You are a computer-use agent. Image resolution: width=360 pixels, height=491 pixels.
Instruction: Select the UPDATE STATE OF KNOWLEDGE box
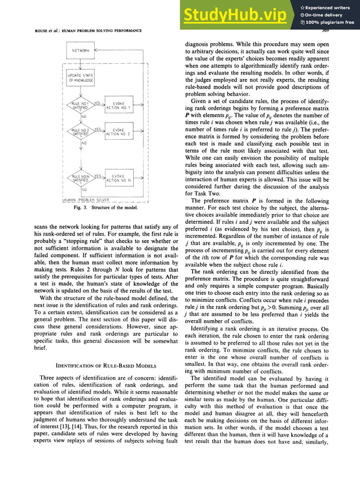click(x=81, y=78)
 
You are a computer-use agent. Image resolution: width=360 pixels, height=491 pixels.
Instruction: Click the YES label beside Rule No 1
click(x=97, y=103)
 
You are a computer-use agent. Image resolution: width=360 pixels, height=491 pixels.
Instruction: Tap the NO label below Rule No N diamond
click(x=84, y=190)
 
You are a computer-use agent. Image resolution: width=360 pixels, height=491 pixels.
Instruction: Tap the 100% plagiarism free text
click(x=330, y=23)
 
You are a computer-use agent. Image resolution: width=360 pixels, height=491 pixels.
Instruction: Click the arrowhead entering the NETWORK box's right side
click(x=97, y=51)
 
